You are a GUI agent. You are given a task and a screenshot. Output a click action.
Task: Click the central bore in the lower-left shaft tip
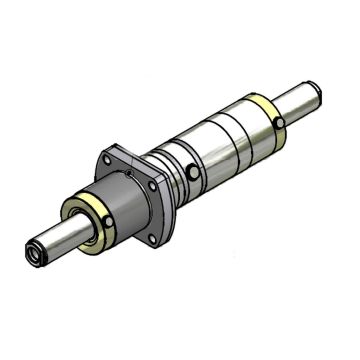click(36, 256)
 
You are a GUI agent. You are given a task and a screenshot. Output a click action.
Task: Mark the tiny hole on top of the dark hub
click(128, 176)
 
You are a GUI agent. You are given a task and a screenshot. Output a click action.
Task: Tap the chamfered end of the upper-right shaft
click(318, 93)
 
